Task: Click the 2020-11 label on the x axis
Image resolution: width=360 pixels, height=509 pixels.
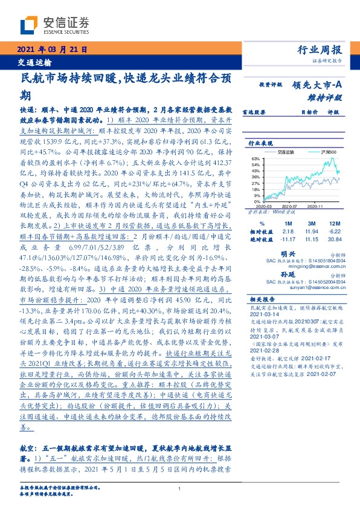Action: [315, 206]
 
